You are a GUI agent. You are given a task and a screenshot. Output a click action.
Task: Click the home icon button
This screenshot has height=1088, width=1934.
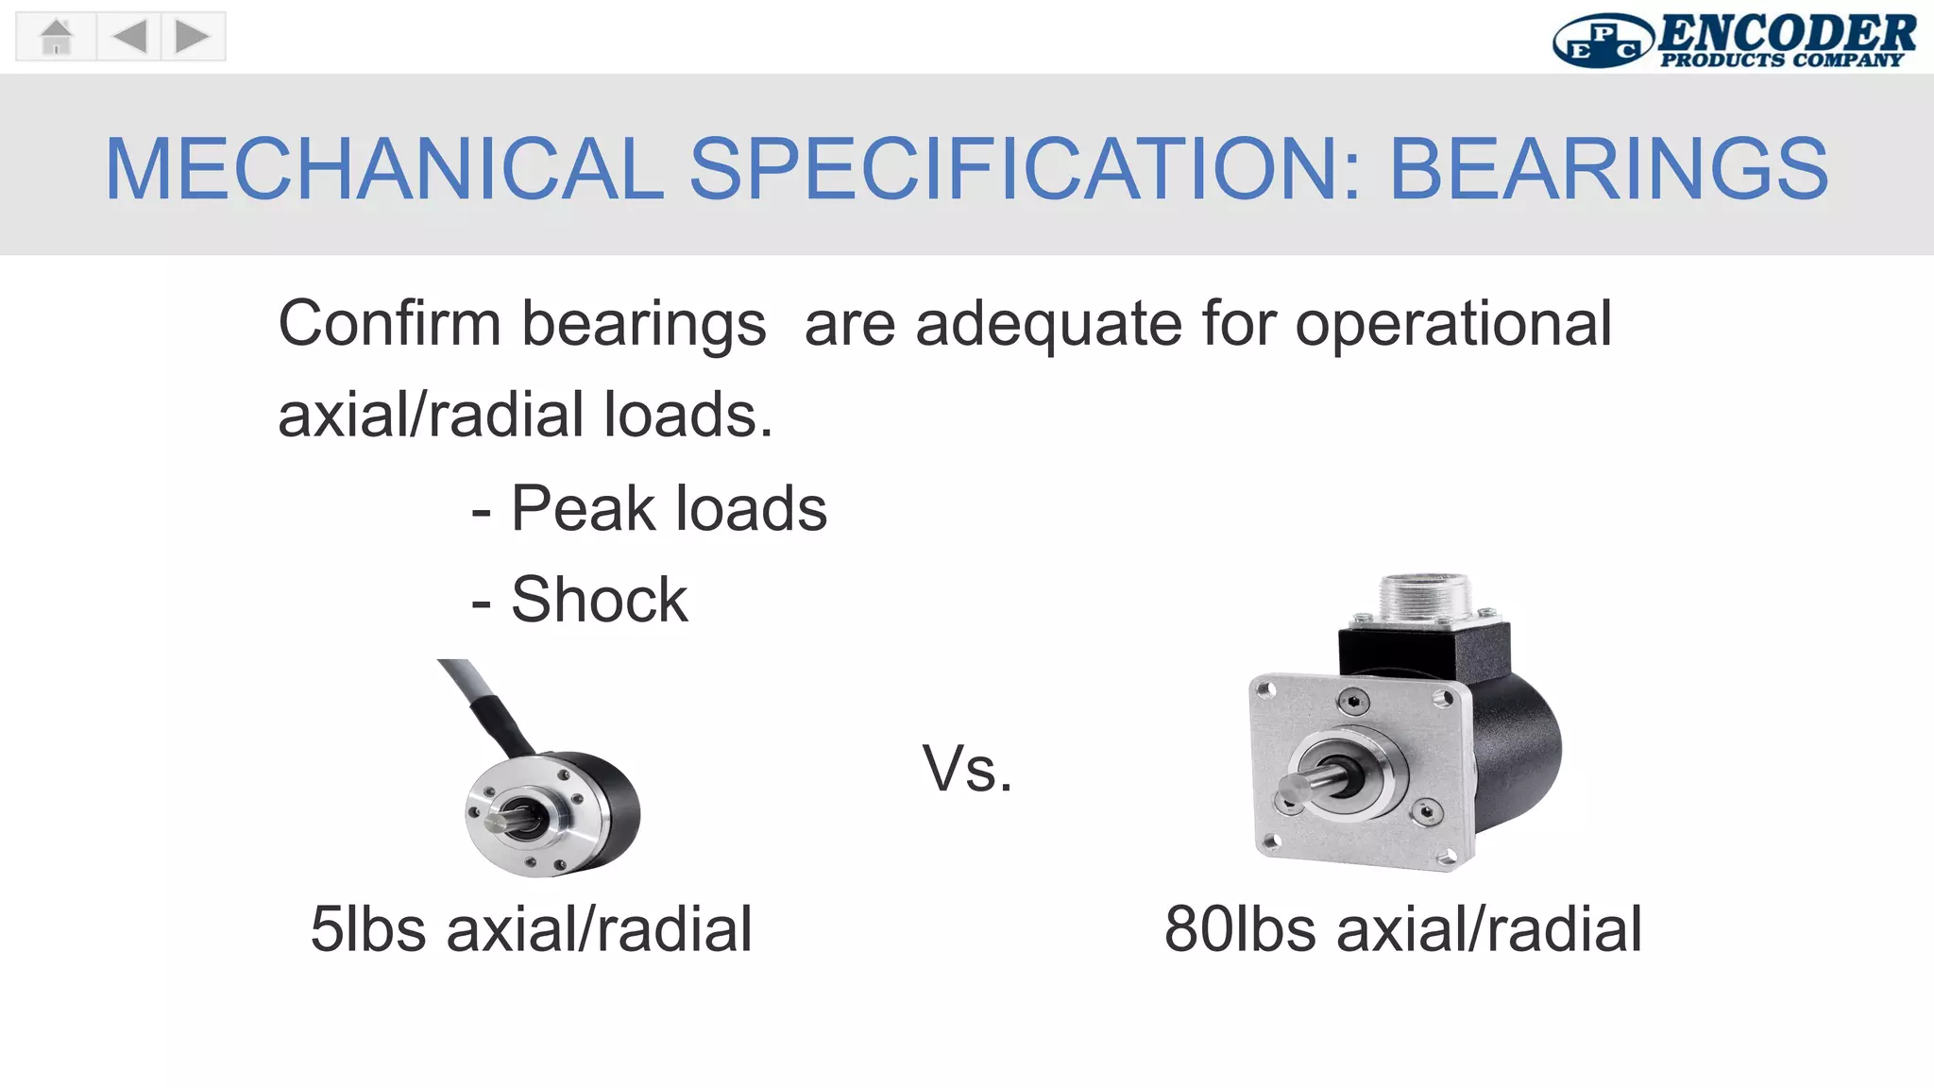click(57, 37)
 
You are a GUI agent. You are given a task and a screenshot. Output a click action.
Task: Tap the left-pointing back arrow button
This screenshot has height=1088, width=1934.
click(129, 37)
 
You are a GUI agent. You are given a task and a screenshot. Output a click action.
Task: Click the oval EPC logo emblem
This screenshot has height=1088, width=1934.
click(1603, 42)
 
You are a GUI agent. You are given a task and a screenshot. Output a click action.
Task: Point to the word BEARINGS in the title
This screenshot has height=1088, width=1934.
click(1608, 169)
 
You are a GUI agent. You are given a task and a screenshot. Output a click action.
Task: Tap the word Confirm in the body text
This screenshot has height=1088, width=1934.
click(388, 324)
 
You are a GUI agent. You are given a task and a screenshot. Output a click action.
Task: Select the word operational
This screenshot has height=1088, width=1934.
click(1452, 324)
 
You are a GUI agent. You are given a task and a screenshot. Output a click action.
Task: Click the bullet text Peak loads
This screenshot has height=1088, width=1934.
click(668, 509)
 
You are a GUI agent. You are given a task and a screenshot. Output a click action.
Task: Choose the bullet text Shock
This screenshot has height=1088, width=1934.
click(599, 600)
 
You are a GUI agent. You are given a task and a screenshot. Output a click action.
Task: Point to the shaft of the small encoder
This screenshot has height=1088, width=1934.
click(500, 820)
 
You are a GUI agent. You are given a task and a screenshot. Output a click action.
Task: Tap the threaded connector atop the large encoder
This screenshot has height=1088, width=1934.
click(1424, 596)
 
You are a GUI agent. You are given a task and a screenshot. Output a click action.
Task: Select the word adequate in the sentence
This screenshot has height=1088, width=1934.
click(1048, 324)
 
